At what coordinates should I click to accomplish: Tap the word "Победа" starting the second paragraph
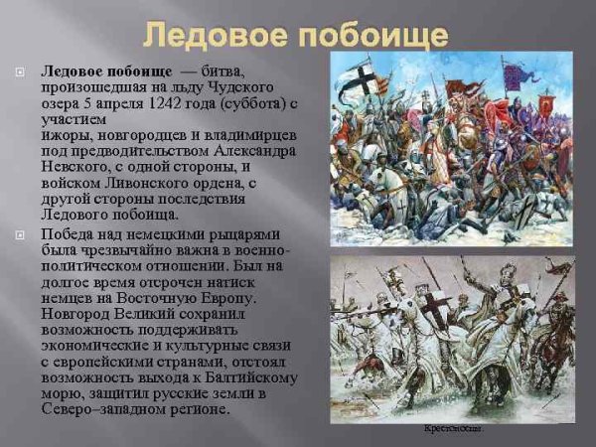(70, 233)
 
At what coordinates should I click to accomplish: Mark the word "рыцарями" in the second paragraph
(241, 233)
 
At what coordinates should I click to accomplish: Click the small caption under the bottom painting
(452, 429)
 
